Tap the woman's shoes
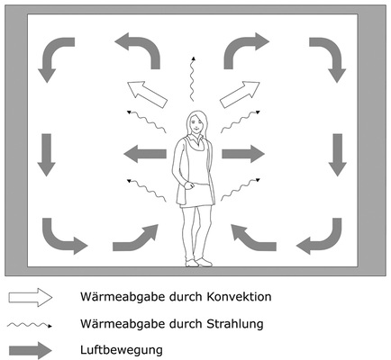click(x=197, y=262)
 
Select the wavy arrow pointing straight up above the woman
click(x=191, y=76)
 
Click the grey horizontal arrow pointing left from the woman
click(x=144, y=153)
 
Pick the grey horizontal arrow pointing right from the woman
click(x=243, y=153)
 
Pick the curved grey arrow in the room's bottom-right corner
click(x=323, y=236)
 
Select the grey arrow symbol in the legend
click(x=32, y=348)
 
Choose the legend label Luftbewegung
click(x=117, y=348)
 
